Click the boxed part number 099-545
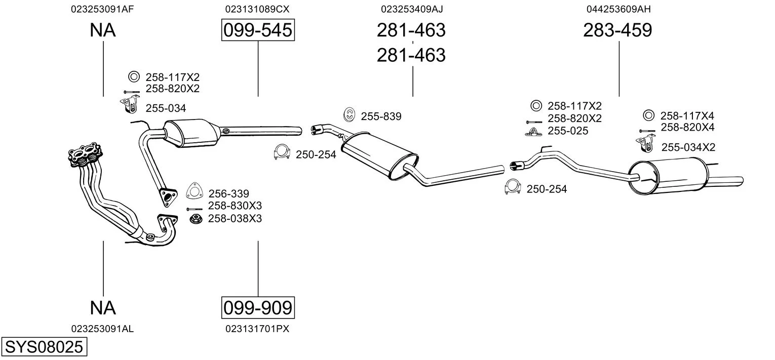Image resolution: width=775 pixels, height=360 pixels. (258, 30)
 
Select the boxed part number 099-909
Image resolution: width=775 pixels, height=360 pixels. (258, 307)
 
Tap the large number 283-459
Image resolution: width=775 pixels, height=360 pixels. (617, 30)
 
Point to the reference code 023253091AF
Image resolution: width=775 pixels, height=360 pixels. (103, 9)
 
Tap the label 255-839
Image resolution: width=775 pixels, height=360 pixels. (381, 116)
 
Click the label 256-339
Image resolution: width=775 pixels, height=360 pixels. (228, 194)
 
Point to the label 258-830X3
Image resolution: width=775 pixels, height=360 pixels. (235, 206)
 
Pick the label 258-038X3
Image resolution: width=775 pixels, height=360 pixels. (235, 219)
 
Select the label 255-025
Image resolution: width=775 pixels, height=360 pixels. (568, 131)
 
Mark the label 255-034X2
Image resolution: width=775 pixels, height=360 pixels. (688, 147)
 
